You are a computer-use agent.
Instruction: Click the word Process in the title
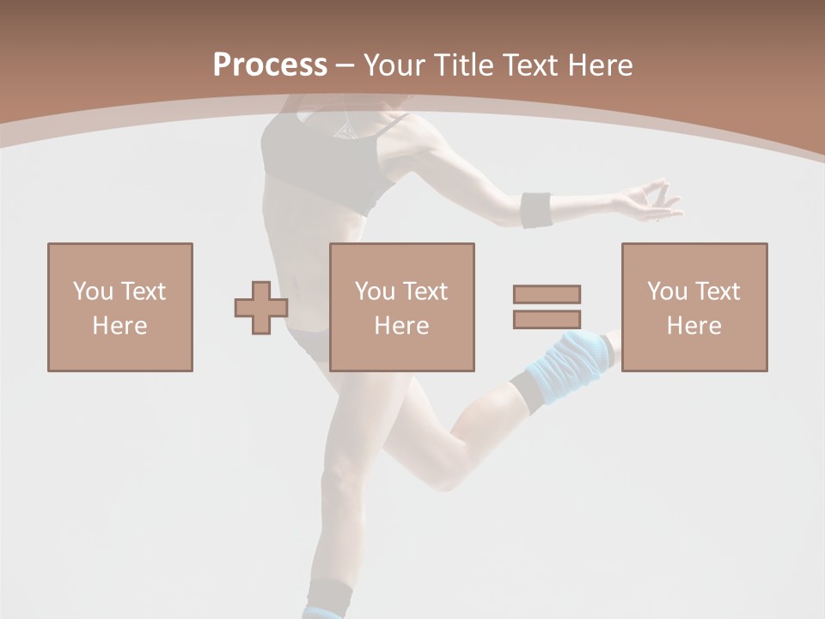270,65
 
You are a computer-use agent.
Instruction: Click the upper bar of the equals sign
547,294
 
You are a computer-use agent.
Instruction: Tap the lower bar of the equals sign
547,319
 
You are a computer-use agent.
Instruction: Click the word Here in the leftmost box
119,326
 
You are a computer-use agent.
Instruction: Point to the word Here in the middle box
401,326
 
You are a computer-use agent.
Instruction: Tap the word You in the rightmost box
667,291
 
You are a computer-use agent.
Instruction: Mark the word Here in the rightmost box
694,326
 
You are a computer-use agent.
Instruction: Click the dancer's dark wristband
536,210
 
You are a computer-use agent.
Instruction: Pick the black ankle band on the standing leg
328,594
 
